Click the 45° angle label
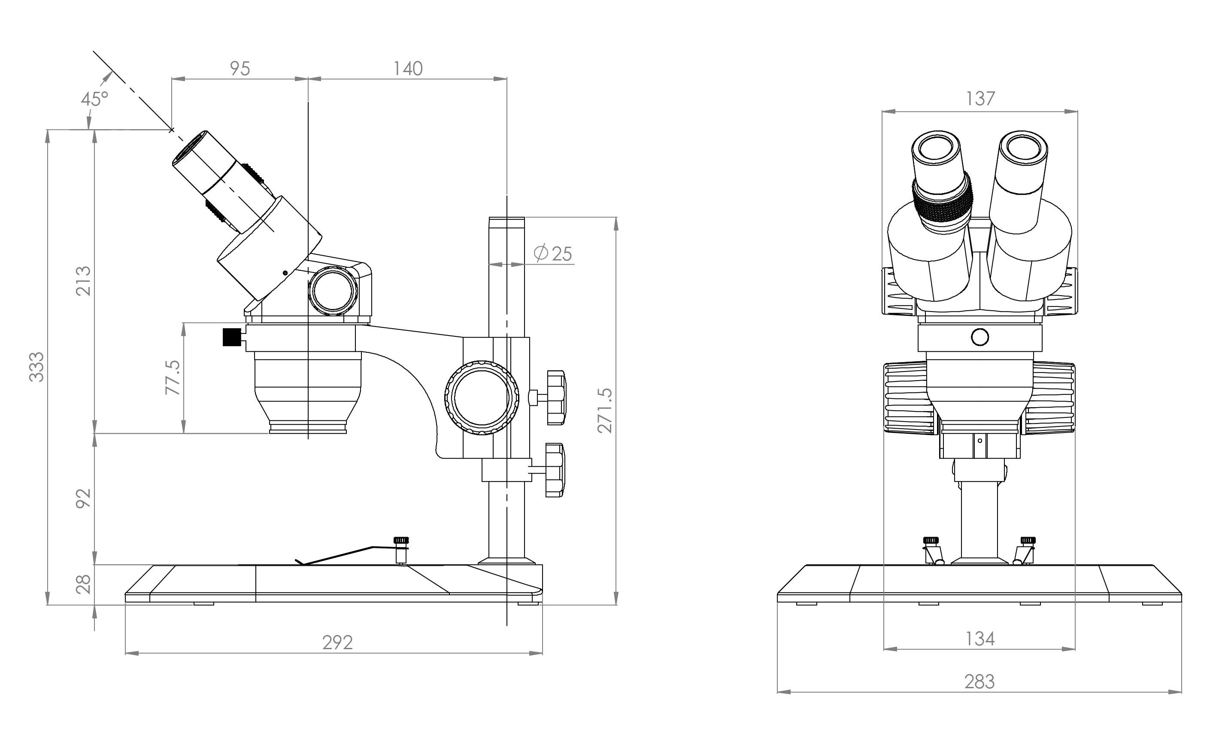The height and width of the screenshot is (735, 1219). tap(94, 99)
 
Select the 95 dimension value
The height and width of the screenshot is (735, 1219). tap(240, 69)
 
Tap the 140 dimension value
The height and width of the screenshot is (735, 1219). tap(408, 69)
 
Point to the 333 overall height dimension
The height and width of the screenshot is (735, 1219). tap(36, 366)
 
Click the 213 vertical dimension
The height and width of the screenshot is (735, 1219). tap(84, 281)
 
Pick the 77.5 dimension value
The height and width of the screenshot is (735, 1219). tap(173, 378)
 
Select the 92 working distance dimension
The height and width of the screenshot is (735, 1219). tap(84, 498)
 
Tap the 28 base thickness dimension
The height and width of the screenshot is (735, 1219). tap(84, 584)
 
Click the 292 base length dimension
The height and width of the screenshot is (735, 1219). tap(337, 642)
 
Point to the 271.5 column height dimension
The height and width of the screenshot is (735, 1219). tap(604, 411)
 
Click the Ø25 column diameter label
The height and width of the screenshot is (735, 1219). tap(553, 254)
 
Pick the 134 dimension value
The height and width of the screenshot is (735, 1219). tap(979, 639)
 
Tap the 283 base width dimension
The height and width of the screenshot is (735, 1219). tap(979, 682)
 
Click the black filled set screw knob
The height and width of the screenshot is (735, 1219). tap(230, 337)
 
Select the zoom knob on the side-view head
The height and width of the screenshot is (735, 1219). tap(333, 291)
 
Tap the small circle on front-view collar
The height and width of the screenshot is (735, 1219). tap(980, 337)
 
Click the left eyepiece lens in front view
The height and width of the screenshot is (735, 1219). tap(936, 148)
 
